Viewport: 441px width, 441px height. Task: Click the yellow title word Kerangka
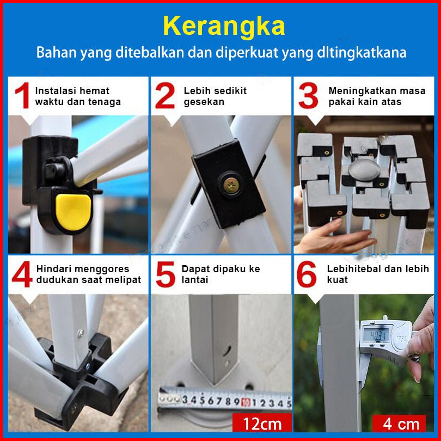pyautogui.click(x=224, y=26)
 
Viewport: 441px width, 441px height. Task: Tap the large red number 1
pyautogui.click(x=23, y=95)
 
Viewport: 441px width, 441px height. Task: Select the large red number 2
pyautogui.click(x=165, y=95)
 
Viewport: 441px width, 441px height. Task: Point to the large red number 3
pyautogui.click(x=309, y=95)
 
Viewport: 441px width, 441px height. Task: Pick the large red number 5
pyautogui.click(x=166, y=274)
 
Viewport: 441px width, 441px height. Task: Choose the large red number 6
pyautogui.click(x=307, y=274)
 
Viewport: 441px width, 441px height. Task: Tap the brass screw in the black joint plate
pyautogui.click(x=231, y=185)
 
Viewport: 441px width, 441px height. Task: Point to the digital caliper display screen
pyautogui.click(x=376, y=335)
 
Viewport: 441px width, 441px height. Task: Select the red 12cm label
pyautogui.click(x=262, y=423)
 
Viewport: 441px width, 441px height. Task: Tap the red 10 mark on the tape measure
pyautogui.click(x=246, y=402)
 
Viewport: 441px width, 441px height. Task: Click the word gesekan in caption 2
pyautogui.click(x=204, y=102)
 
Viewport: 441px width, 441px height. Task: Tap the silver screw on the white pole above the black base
pyautogui.click(x=81, y=334)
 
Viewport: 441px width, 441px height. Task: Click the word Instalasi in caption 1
pyautogui.click(x=52, y=91)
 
